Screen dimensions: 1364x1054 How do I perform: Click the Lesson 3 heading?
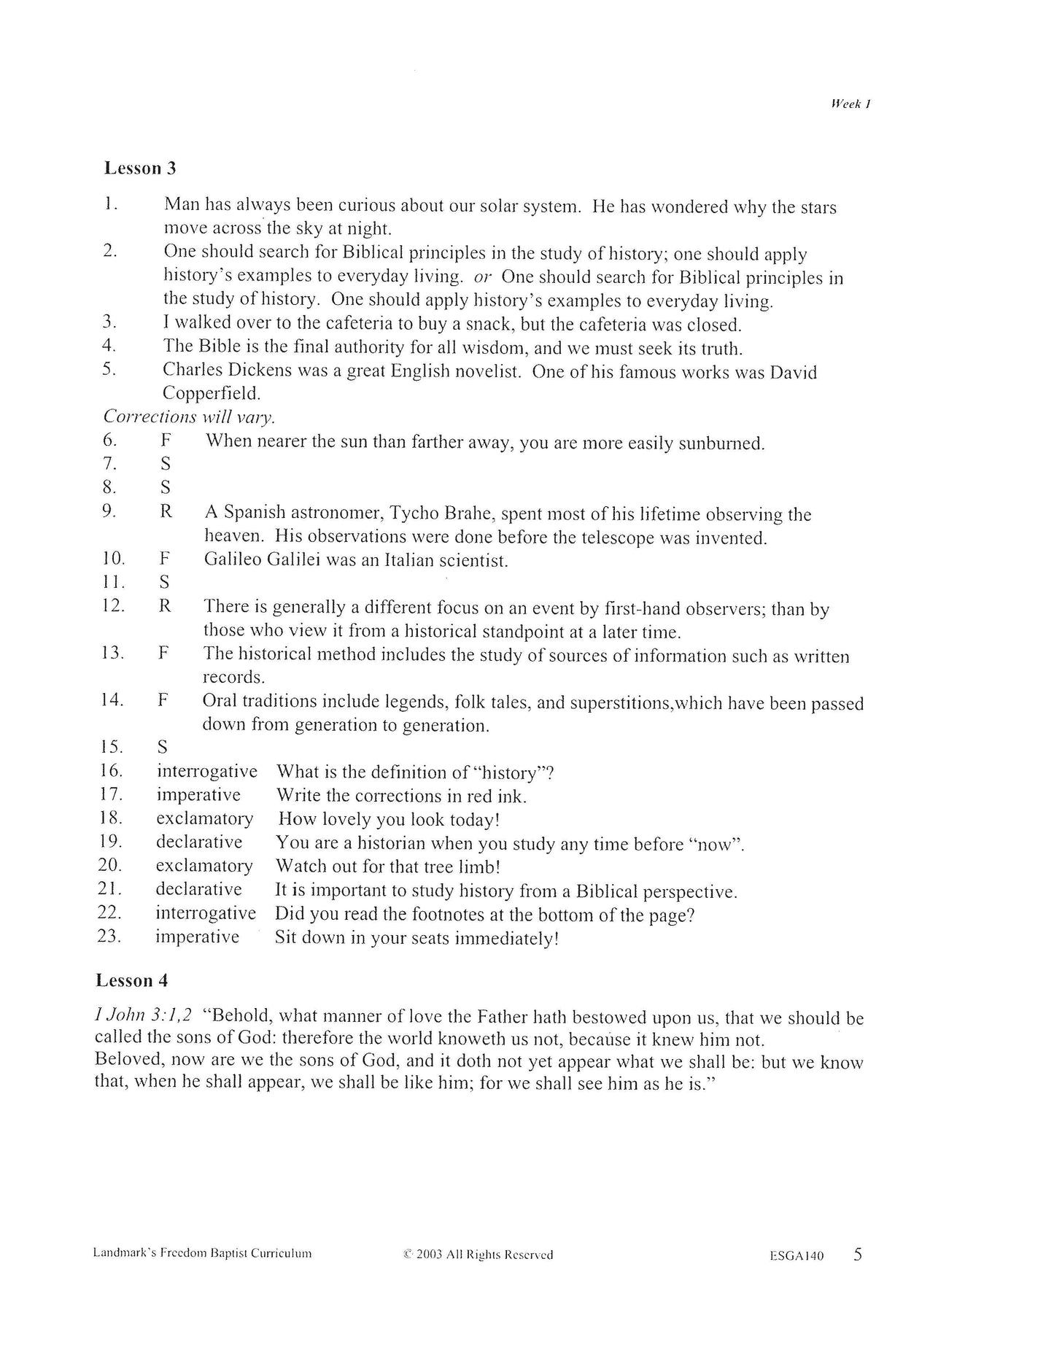tap(140, 168)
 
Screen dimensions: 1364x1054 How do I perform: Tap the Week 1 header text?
tap(851, 104)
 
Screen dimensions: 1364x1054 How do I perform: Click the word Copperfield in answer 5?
tap(211, 393)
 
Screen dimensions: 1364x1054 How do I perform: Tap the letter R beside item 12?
tap(165, 606)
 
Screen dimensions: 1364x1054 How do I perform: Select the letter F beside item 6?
tap(166, 441)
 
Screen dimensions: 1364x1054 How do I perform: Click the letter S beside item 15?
tap(163, 747)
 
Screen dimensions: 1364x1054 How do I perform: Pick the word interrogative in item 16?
tap(207, 771)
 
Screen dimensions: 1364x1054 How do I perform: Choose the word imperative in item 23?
tap(197, 937)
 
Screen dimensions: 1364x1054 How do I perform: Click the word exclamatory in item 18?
tap(204, 818)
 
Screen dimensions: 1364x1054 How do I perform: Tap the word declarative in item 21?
tap(198, 889)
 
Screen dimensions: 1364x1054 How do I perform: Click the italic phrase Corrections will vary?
tap(189, 417)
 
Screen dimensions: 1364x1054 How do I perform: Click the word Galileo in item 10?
tap(233, 560)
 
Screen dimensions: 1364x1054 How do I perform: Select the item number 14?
tap(112, 700)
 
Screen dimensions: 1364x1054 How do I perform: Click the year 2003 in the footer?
tap(430, 1255)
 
